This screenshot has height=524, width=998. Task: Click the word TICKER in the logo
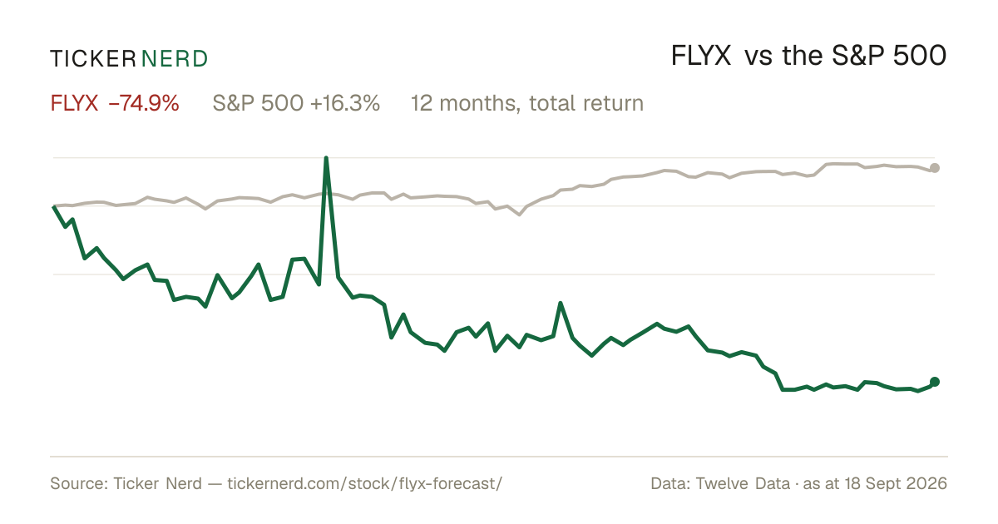click(x=93, y=59)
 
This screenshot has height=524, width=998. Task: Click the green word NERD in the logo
click(x=174, y=59)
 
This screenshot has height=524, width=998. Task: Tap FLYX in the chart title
click(x=701, y=56)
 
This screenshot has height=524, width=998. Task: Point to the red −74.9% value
click(x=143, y=103)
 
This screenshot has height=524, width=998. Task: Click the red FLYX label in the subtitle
click(x=74, y=103)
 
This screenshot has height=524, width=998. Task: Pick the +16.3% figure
click(x=345, y=103)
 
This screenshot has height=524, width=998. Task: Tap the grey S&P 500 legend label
click(x=258, y=103)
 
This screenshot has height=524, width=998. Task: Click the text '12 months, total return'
click(x=527, y=103)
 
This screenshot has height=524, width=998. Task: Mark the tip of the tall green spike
click(x=326, y=158)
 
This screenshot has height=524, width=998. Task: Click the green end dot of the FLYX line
click(x=935, y=382)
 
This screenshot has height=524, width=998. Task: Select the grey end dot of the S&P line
click(x=935, y=168)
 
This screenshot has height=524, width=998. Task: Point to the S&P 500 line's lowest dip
click(x=520, y=215)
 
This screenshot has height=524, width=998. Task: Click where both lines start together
click(x=54, y=206)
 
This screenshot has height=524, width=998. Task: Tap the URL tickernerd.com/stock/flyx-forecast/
click(x=365, y=483)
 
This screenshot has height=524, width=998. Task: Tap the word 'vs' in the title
click(x=758, y=58)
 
